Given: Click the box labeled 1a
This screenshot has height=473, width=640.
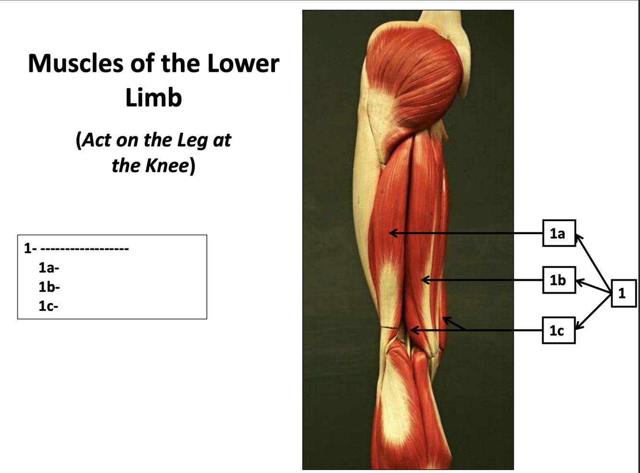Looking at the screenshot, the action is click(558, 233).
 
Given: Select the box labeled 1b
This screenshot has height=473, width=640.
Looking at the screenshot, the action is click(558, 280).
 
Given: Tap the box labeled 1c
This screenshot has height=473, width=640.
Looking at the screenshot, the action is click(558, 330).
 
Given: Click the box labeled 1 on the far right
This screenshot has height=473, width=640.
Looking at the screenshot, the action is click(623, 293).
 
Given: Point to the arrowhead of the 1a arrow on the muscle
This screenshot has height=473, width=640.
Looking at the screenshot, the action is click(391, 233).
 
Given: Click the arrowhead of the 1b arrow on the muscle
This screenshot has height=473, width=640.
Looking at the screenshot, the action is click(423, 280).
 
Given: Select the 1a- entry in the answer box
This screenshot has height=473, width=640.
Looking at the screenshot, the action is click(48, 267).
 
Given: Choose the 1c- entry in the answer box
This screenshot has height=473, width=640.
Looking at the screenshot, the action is click(48, 306).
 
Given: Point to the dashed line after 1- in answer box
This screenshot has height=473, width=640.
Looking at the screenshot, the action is click(84, 248).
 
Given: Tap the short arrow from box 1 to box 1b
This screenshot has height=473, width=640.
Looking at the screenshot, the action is click(593, 286).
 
